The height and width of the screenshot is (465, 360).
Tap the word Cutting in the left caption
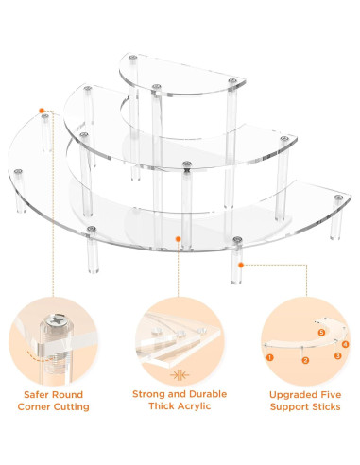72,406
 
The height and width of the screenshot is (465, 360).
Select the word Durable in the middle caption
208,394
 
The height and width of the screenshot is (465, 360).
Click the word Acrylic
195,406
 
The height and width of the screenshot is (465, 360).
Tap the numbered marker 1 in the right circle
270,357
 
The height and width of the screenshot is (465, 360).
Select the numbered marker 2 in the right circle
305,360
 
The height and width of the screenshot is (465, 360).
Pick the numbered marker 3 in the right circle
337,355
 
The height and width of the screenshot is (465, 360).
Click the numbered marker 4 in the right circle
346,344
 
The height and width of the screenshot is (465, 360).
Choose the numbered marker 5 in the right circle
321,333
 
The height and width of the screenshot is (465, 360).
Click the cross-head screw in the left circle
56,321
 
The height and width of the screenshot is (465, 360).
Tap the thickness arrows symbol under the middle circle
180,375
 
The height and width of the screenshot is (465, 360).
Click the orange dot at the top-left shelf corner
42,111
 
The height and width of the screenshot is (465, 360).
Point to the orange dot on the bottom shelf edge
178,239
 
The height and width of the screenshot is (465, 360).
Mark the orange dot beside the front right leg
241,266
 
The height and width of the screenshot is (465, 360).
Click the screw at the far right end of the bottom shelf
339,198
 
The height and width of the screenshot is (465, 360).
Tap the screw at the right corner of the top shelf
232,80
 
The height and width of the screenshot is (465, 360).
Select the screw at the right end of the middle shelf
284,139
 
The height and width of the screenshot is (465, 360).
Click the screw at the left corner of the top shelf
133,58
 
